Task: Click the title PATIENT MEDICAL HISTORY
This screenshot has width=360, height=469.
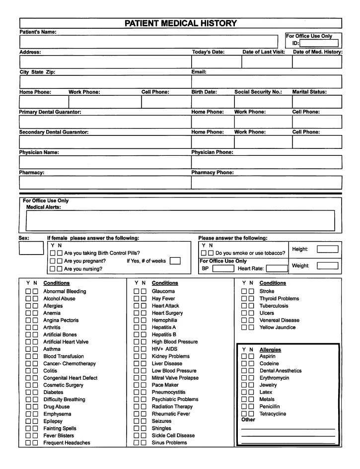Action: click(180, 23)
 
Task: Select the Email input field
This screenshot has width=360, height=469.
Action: click(266, 81)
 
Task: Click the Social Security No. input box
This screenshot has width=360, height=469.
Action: click(263, 101)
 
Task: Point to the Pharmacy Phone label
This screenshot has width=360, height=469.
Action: click(213, 172)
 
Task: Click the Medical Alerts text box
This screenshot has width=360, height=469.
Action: click(180, 220)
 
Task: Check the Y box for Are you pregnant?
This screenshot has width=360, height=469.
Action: click(53, 261)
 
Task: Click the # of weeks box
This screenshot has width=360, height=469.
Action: click(175, 261)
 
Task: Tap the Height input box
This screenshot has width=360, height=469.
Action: click(327, 249)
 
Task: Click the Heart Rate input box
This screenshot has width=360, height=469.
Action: click(277, 268)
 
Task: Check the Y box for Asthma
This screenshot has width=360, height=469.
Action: click(29, 349)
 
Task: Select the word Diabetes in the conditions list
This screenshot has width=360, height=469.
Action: click(53, 392)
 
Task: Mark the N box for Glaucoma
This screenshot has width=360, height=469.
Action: click(144, 291)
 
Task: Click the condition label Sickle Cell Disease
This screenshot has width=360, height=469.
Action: click(173, 435)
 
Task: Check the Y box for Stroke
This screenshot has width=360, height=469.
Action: click(244, 291)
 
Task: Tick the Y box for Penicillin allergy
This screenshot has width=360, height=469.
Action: click(244, 406)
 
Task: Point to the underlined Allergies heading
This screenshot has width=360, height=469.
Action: click(270, 350)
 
